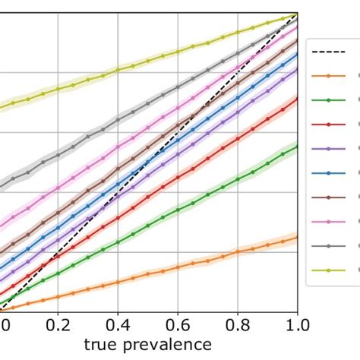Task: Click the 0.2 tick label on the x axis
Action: pyautogui.click(x=58, y=325)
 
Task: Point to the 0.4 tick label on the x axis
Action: pyautogui.click(x=118, y=325)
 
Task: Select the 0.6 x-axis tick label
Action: pyautogui.click(x=178, y=325)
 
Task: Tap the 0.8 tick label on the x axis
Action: pyautogui.click(x=238, y=325)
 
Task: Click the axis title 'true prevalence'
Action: pyautogui.click(x=148, y=346)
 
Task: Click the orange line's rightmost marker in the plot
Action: pyautogui.click(x=297, y=238)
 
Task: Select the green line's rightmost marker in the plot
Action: pyautogui.click(x=297, y=146)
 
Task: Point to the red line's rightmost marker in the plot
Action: pyautogui.click(x=297, y=100)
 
